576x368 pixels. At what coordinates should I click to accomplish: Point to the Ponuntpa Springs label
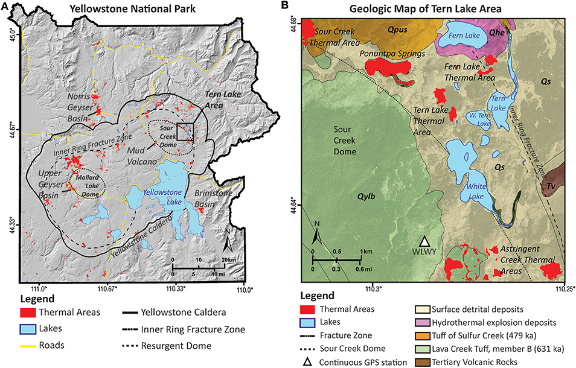pyautogui.click(x=390, y=53)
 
